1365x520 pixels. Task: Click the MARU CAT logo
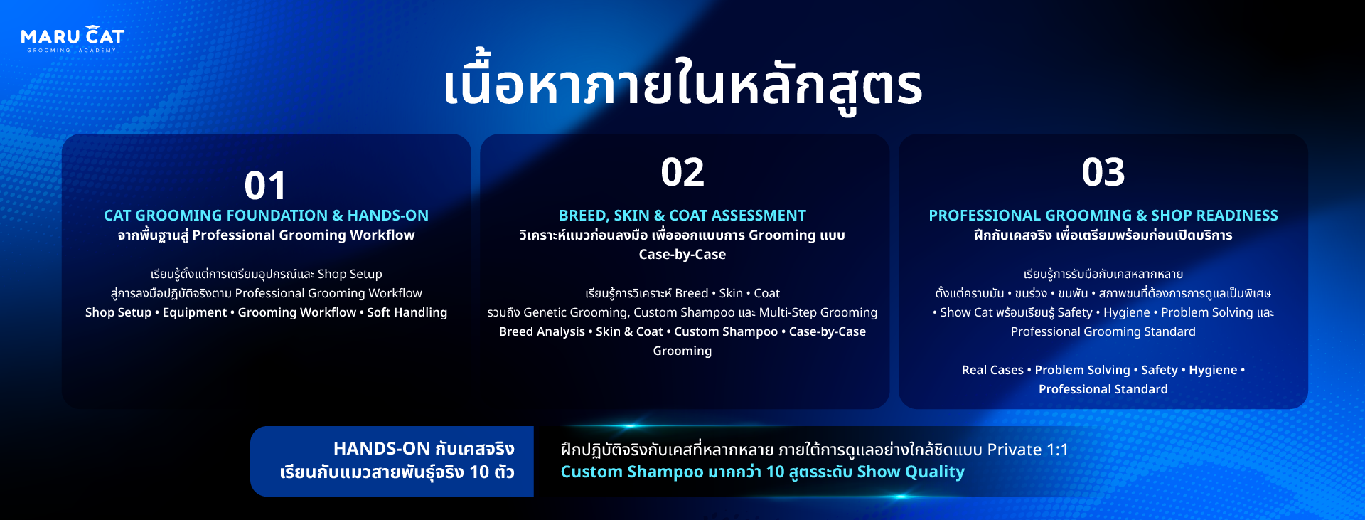73,39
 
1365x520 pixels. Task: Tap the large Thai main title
682,84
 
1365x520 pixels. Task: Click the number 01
265,186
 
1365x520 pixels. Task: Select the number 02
682,172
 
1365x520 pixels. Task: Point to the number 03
1103,172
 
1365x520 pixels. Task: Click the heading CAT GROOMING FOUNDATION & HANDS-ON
266,215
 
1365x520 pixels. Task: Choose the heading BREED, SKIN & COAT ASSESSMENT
682,215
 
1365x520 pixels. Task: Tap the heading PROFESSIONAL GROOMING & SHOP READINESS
1103,215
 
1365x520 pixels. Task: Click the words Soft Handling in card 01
407,312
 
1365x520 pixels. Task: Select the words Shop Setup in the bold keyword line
118,312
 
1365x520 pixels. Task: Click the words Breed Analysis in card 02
542,331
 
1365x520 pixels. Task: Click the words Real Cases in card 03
992,370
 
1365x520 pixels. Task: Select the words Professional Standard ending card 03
1103,389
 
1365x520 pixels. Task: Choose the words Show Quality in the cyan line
911,472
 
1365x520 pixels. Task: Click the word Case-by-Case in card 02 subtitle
682,254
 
